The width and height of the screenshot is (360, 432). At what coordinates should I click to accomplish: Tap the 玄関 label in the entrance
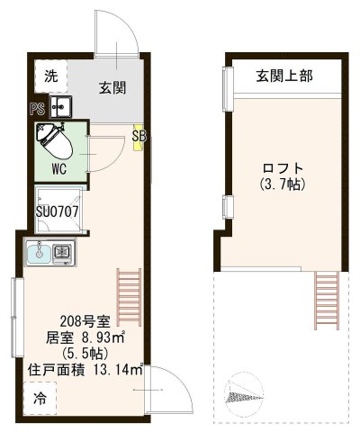112,88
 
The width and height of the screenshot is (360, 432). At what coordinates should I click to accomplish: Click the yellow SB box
138,136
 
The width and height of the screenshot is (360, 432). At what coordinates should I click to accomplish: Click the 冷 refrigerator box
41,395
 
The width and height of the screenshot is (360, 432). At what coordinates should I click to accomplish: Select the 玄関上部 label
283,76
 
